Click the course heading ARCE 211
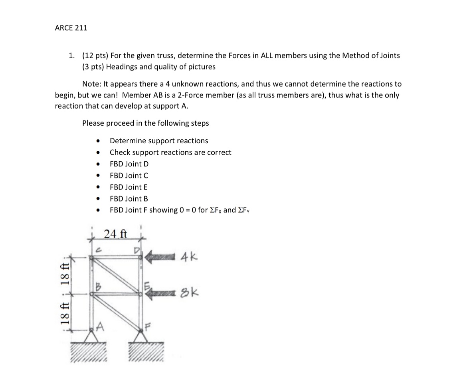pos(71,28)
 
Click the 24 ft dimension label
pos(115,234)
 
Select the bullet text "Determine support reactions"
pos(158,141)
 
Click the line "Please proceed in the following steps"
pos(145,123)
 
